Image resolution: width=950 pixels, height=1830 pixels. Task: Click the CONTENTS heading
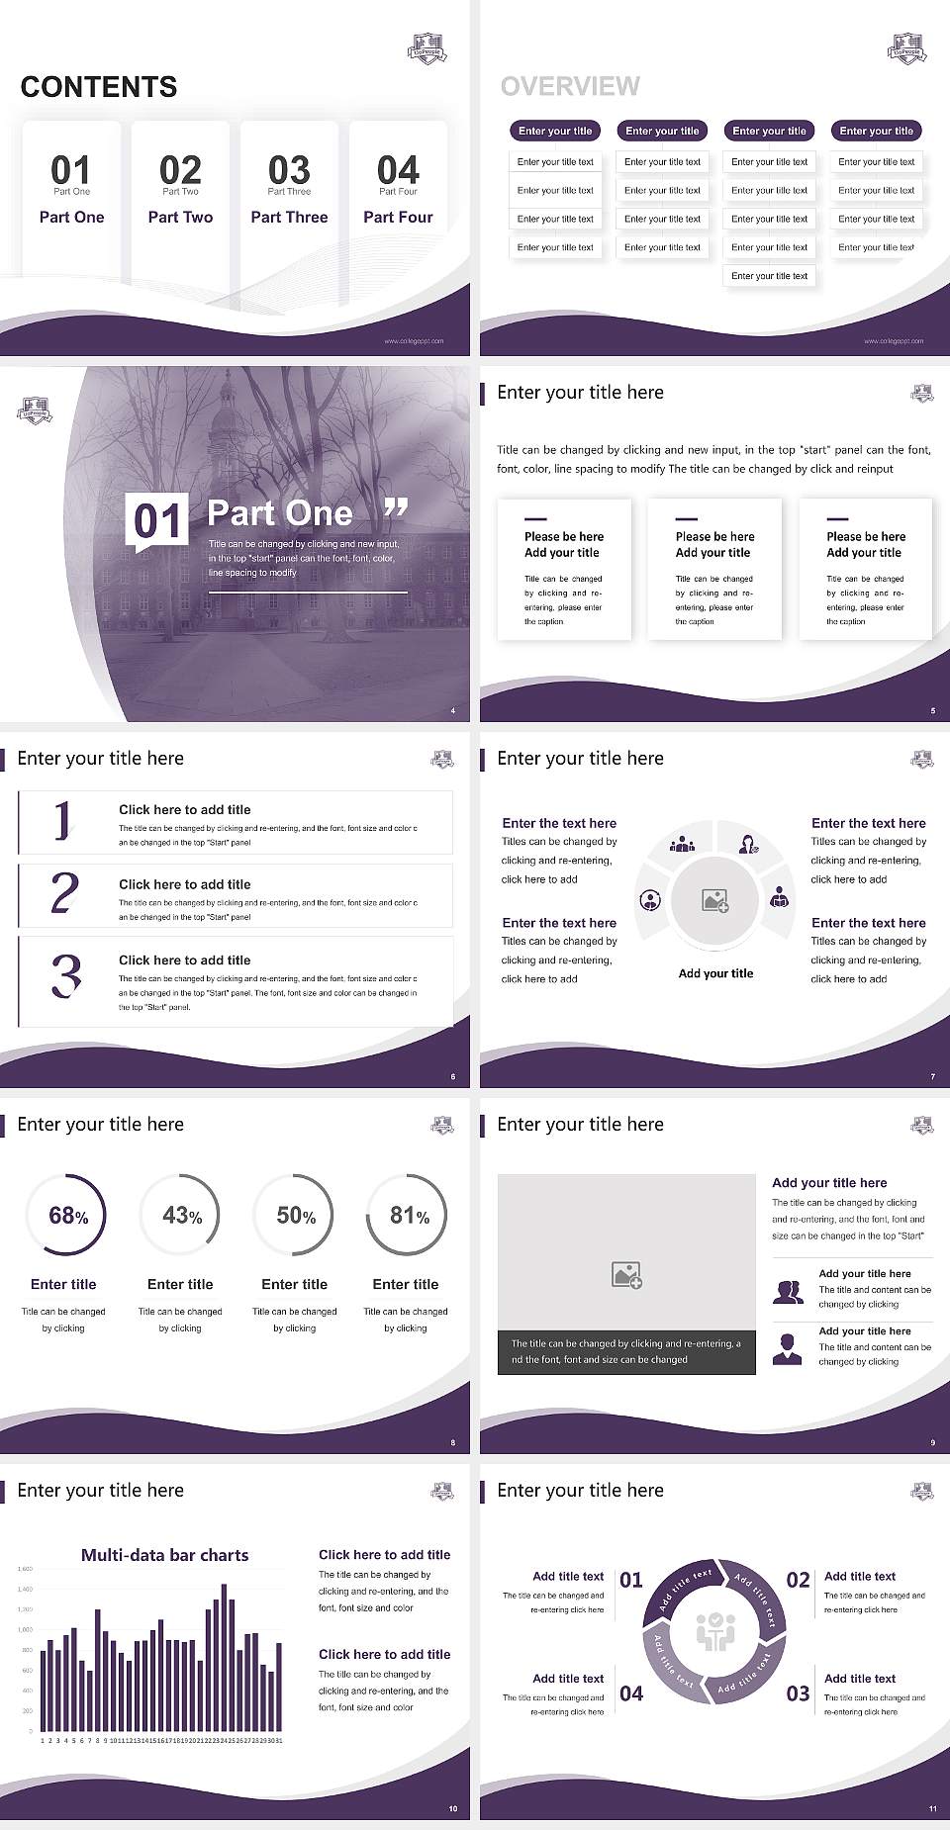coord(99,87)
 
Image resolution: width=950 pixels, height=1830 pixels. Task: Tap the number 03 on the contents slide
coord(289,170)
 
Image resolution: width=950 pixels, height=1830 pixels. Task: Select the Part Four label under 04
coord(398,217)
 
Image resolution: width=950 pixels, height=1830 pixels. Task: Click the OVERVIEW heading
coord(570,87)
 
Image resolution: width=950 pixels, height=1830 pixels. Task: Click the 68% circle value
coord(68,1216)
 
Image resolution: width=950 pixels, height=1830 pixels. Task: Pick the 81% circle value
coord(409,1216)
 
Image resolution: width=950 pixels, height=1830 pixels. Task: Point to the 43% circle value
coord(182,1216)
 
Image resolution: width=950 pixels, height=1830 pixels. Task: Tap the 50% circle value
coord(296,1216)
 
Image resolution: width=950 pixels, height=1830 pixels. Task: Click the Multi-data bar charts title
coord(165,1555)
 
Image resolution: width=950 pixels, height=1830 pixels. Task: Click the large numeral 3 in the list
coord(66,975)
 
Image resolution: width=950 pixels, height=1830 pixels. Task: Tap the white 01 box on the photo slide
coord(157,521)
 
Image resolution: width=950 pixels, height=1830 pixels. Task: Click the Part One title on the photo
coord(280,512)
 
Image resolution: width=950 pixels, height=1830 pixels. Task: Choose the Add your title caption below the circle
coord(715,973)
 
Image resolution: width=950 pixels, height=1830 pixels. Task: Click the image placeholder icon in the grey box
coord(627,1275)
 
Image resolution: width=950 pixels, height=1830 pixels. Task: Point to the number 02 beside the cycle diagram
coord(798,1580)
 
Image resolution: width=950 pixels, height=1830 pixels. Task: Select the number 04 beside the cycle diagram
coord(631,1693)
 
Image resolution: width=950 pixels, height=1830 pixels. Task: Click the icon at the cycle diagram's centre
coord(715,1633)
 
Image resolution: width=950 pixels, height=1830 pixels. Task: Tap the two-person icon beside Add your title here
coord(788,1292)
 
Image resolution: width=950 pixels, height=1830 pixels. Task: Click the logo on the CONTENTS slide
coord(427,48)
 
